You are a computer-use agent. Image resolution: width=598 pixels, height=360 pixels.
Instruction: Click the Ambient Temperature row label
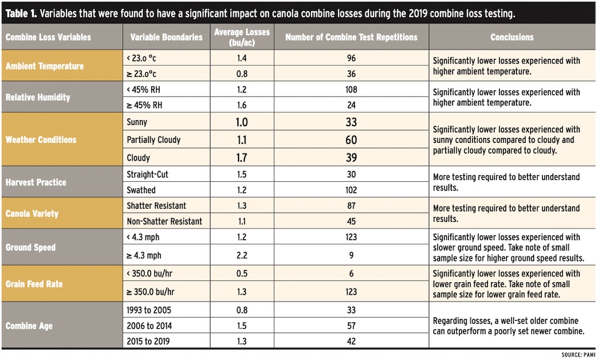(44, 66)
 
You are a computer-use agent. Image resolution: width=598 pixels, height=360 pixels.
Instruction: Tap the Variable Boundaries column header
(166, 37)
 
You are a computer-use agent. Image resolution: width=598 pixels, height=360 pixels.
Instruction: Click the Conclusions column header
(512, 37)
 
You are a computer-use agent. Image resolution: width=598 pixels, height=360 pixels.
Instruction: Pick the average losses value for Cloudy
(242, 158)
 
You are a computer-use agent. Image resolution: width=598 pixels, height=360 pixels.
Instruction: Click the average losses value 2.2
(242, 257)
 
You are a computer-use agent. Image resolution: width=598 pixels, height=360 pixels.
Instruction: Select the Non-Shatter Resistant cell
(164, 221)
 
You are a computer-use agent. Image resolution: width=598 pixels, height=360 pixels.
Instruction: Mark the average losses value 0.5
(242, 274)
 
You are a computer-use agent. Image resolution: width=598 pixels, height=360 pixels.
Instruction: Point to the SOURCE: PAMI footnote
(578, 355)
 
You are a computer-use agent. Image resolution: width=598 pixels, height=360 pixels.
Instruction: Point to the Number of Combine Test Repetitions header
(351, 37)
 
